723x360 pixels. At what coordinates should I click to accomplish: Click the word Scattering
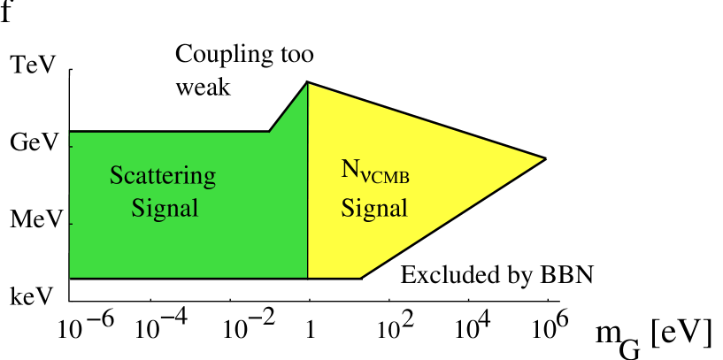click(x=163, y=175)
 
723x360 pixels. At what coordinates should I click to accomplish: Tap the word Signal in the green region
click(x=165, y=209)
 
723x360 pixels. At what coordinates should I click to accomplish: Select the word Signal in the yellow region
click(x=374, y=209)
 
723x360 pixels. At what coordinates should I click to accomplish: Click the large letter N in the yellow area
click(x=350, y=169)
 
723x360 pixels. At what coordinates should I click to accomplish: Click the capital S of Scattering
click(x=115, y=175)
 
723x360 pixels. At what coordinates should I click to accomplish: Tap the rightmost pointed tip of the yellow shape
click(x=542, y=159)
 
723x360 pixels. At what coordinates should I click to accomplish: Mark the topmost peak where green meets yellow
click(x=308, y=84)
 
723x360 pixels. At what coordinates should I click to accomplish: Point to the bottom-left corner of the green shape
click(x=70, y=277)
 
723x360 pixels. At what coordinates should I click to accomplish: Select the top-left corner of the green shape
click(x=70, y=133)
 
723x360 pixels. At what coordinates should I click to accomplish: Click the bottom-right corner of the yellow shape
click(x=360, y=277)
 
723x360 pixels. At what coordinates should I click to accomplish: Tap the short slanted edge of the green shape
click(x=288, y=108)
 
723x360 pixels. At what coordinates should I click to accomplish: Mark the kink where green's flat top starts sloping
click(x=270, y=133)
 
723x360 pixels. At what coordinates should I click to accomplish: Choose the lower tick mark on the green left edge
click(x=71, y=224)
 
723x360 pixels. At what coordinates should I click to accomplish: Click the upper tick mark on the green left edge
click(x=71, y=134)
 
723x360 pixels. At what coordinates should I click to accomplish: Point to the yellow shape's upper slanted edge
click(x=425, y=121)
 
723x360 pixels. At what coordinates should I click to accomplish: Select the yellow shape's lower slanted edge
click(x=451, y=218)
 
